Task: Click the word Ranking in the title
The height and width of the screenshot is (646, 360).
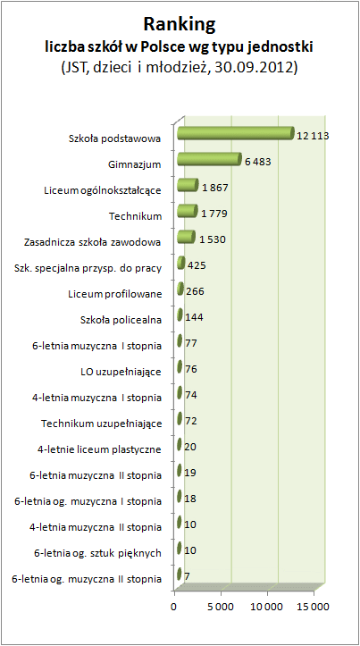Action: (x=180, y=25)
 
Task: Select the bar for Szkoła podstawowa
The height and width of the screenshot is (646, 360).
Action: (x=236, y=133)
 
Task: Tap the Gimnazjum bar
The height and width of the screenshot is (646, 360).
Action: (x=209, y=159)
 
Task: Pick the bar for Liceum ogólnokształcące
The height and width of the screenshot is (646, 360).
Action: (x=188, y=185)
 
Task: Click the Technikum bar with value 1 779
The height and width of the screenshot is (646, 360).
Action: (x=188, y=211)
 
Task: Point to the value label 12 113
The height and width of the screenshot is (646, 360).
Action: (x=313, y=136)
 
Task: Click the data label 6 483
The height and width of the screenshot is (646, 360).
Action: (x=257, y=162)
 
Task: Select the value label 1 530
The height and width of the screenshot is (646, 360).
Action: (x=213, y=239)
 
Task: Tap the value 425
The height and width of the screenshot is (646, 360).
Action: (x=196, y=265)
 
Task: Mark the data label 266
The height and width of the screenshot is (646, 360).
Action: (x=195, y=291)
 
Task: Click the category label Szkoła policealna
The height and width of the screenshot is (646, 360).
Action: (x=120, y=320)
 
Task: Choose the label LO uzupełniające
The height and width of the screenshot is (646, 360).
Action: (x=121, y=372)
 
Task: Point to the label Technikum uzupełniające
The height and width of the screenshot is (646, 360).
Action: (x=101, y=424)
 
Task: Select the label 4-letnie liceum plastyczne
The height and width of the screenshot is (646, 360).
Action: (x=99, y=449)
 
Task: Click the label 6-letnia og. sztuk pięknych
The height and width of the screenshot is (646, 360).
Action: (x=97, y=553)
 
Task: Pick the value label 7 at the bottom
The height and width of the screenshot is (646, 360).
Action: (x=187, y=576)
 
